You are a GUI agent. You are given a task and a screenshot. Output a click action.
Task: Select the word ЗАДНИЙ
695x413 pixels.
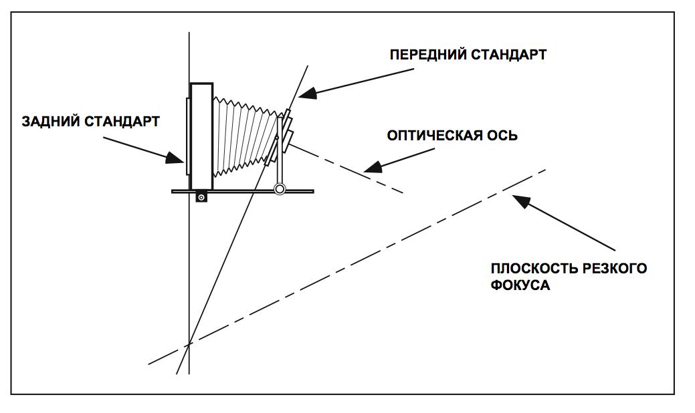(51, 122)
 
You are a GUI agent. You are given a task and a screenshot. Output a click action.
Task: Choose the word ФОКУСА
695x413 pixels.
(520, 285)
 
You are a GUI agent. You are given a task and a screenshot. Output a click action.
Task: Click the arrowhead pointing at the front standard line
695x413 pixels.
(304, 94)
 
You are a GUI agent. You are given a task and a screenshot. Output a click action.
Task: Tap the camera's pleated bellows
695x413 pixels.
(244, 137)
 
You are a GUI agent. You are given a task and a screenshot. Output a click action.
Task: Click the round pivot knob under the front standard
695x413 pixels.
(280, 190)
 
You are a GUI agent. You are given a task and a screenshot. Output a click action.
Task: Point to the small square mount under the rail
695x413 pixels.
(201, 198)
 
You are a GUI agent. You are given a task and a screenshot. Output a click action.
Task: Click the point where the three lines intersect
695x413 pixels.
(189, 343)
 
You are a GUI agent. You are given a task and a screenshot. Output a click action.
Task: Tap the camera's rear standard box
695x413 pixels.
(201, 136)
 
